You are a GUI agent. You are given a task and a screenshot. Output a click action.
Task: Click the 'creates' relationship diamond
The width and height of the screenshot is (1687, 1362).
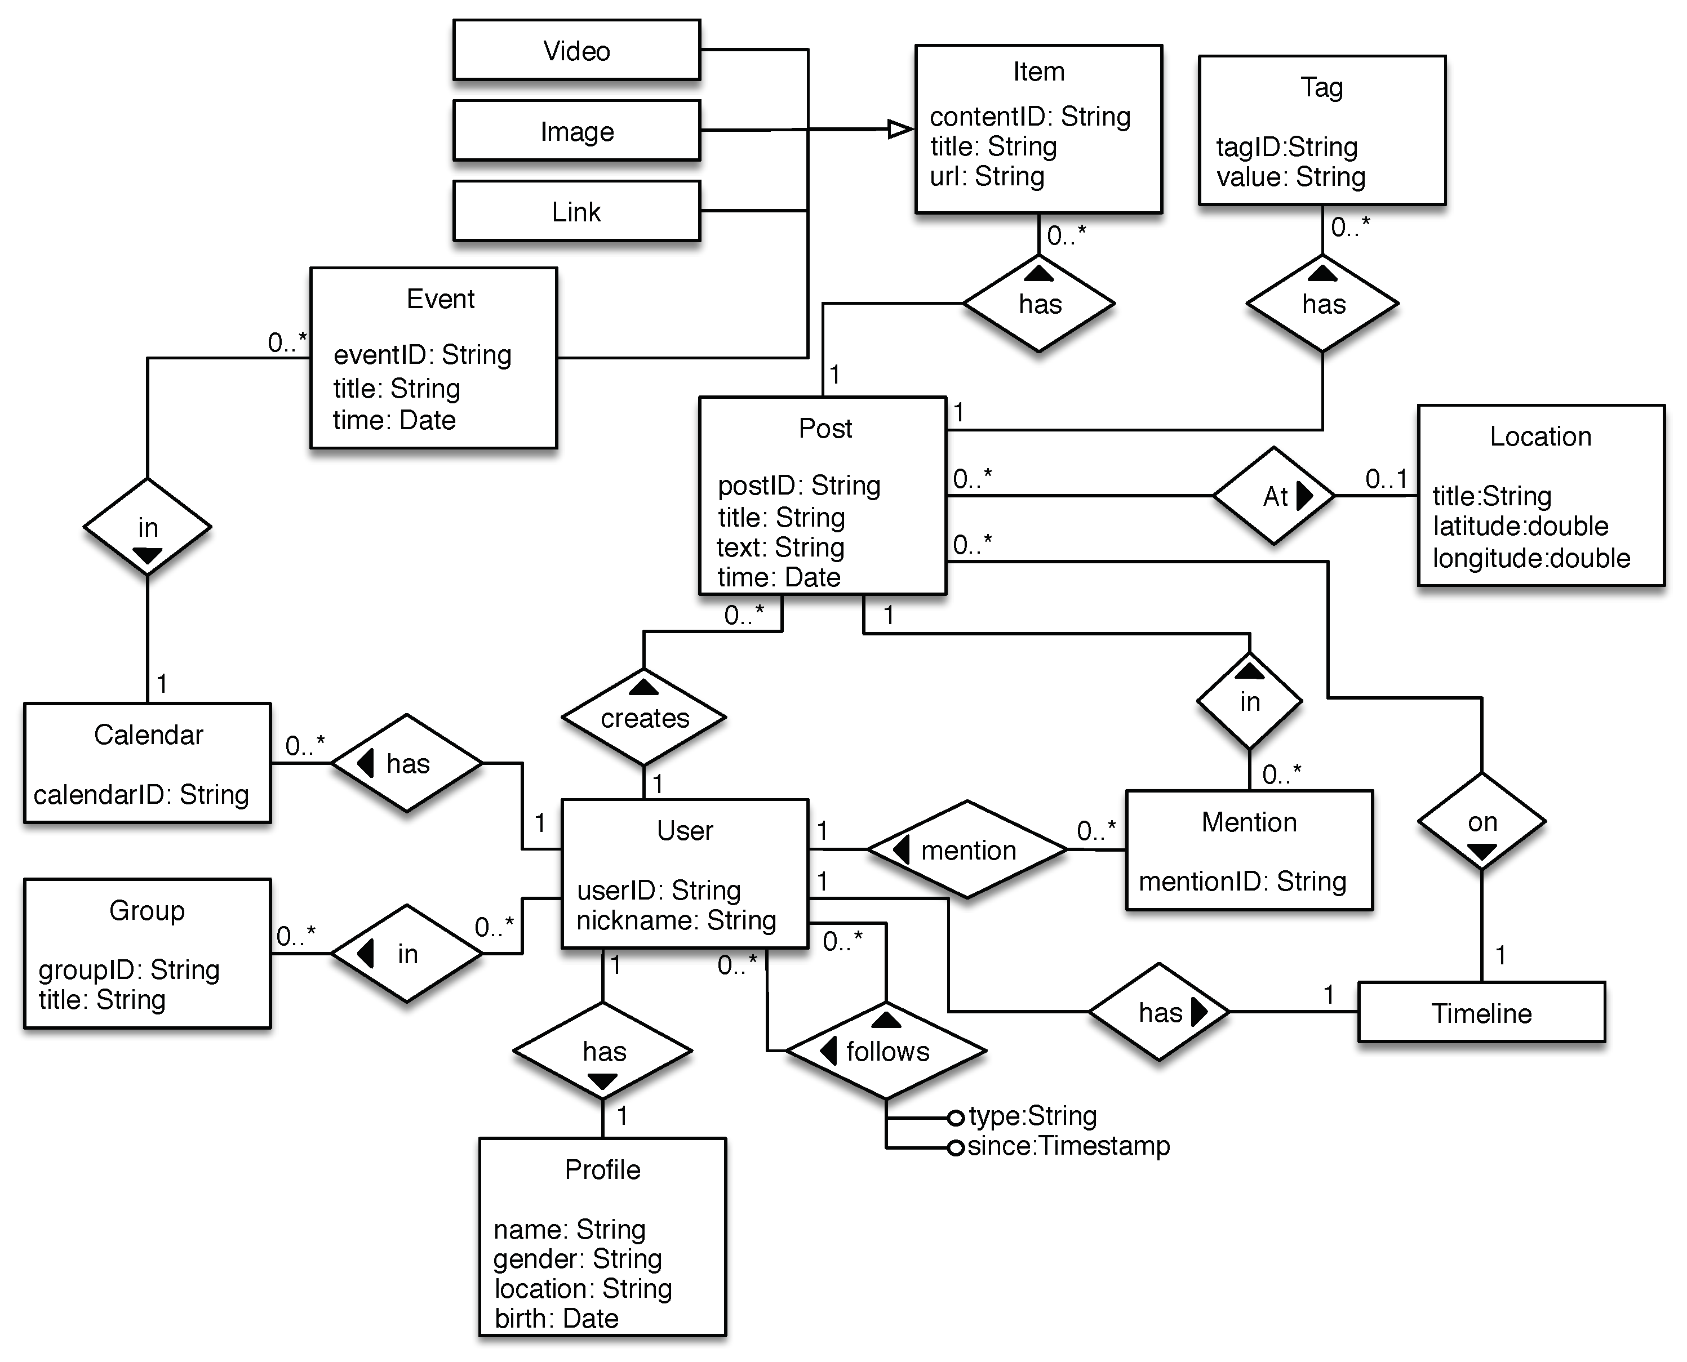click(x=643, y=717)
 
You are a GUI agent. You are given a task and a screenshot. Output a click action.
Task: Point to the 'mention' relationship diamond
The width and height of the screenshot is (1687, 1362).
click(x=967, y=849)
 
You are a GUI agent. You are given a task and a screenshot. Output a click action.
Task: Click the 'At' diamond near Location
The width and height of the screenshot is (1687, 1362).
click(x=1273, y=496)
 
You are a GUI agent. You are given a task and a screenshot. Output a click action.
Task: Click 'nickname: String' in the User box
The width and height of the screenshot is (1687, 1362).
click(x=676, y=920)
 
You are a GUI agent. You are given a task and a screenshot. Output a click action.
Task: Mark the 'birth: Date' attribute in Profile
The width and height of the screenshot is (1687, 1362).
click(x=556, y=1318)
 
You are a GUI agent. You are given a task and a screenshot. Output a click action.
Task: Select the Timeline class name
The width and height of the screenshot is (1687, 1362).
click(x=1481, y=1013)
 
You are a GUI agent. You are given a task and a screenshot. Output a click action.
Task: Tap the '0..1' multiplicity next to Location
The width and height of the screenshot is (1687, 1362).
click(x=1386, y=479)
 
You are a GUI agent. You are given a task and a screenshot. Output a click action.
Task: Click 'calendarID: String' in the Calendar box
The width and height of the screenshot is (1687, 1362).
click(x=141, y=795)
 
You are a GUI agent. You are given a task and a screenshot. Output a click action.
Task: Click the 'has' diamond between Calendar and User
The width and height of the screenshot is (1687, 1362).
click(x=406, y=763)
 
